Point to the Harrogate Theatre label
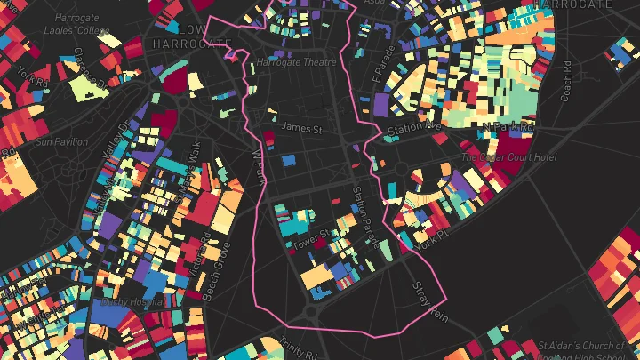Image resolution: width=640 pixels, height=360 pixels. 296,63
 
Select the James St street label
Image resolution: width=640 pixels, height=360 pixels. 300,128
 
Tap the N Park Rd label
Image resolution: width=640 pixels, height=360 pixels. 508,129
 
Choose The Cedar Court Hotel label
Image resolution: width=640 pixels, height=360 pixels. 508,157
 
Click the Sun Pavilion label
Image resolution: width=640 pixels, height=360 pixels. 63,141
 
